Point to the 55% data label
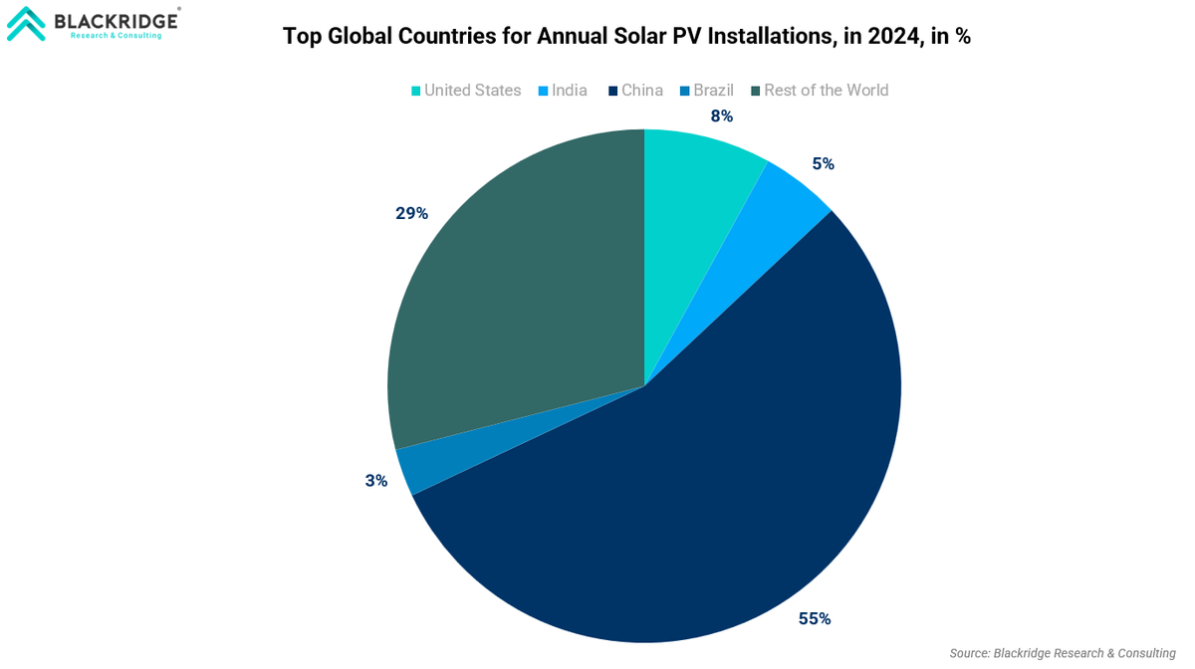coord(814,619)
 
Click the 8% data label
coord(722,116)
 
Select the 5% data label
coord(823,164)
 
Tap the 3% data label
coord(376,481)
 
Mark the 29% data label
coord(411,213)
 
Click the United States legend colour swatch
coord(416,92)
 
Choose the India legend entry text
coord(570,91)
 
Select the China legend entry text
coord(642,91)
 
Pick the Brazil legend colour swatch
coord(685,92)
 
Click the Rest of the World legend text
coord(826,91)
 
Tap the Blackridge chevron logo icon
coord(26,23)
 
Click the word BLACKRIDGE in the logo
coord(116,20)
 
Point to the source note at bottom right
coord(1063,653)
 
